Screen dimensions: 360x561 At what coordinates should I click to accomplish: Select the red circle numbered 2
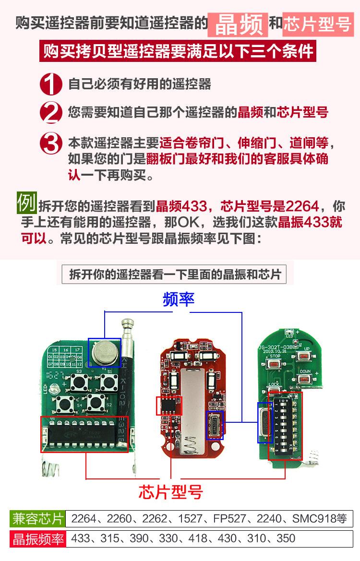click(x=51, y=114)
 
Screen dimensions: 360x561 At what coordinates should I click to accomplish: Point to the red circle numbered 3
click(x=51, y=143)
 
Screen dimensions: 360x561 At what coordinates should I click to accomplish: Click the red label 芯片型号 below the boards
click(x=171, y=492)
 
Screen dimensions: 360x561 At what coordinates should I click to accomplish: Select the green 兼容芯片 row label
click(x=37, y=519)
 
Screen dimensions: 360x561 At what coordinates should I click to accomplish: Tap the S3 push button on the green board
click(x=79, y=382)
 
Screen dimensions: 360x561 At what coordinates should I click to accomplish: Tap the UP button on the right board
click(x=304, y=356)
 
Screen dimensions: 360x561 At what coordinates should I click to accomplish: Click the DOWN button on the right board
click(x=304, y=379)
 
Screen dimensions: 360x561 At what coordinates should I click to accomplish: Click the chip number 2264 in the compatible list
click(x=84, y=519)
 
